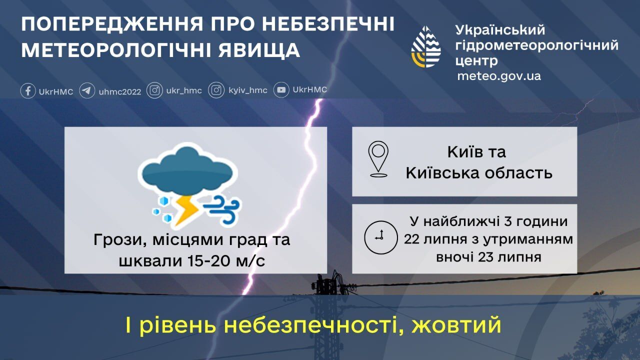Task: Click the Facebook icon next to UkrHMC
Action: pyautogui.click(x=28, y=91)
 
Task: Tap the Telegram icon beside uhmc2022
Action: pyautogui.click(x=87, y=91)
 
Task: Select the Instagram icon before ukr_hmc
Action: pyautogui.click(x=155, y=90)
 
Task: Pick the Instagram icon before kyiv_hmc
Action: pyautogui.click(x=216, y=90)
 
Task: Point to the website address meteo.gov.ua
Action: pyautogui.click(x=499, y=76)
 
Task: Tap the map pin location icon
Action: pyautogui.click(x=378, y=159)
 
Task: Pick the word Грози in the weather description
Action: pyautogui.click(x=116, y=240)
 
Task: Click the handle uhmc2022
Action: pyautogui.click(x=120, y=91)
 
